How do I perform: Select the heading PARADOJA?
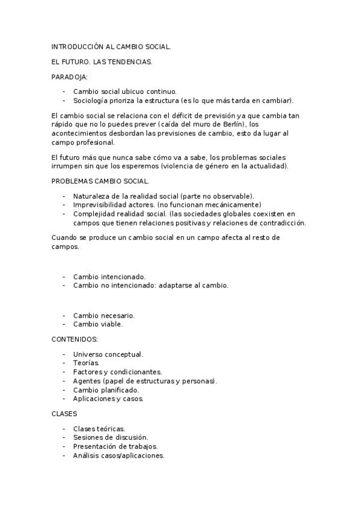[x=69, y=77]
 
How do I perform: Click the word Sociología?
[x=91, y=100]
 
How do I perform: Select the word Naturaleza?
[x=92, y=196]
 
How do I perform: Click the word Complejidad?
[x=94, y=214]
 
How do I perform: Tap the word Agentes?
[x=87, y=381]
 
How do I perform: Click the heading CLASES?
[x=64, y=414]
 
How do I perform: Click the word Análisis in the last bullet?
[x=87, y=456]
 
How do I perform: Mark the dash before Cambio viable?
[x=64, y=324]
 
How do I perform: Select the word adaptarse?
[x=178, y=286]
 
